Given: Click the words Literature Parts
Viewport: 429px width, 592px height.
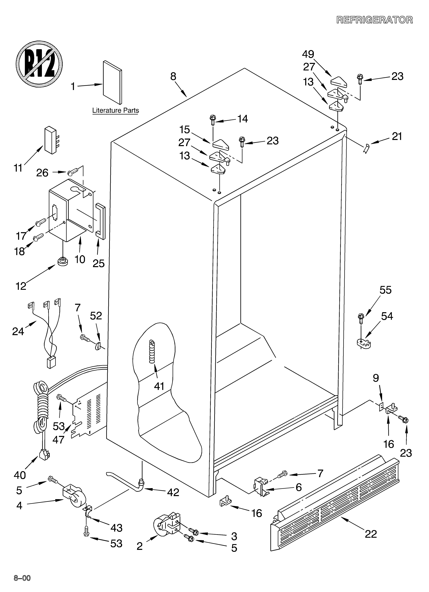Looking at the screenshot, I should (x=115, y=110).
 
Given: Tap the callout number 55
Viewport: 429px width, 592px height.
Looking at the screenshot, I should (x=385, y=290).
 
